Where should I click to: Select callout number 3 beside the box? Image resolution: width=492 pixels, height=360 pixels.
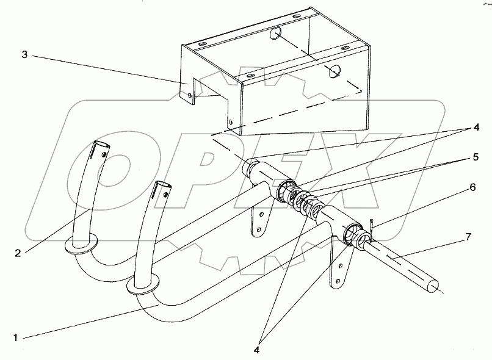click(x=24, y=56)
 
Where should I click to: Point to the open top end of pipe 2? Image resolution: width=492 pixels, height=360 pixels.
click(x=101, y=148)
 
